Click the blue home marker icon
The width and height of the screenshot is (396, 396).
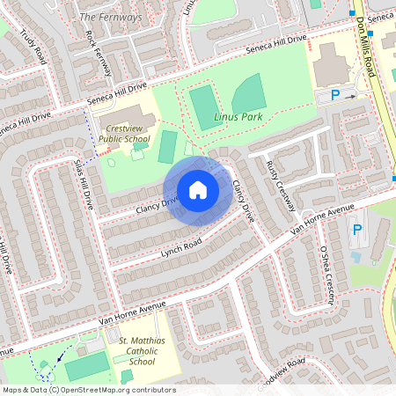click(198, 190)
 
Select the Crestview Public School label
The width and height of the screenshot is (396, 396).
click(123, 132)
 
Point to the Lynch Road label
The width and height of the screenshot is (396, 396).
click(181, 248)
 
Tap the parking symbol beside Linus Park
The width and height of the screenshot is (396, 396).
click(335, 94)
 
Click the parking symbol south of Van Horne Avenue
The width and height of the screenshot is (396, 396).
click(356, 231)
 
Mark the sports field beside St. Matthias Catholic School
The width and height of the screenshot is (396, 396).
click(84, 365)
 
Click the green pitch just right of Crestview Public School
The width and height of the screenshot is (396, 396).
click(167, 146)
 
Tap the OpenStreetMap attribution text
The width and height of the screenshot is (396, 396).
click(88, 390)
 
